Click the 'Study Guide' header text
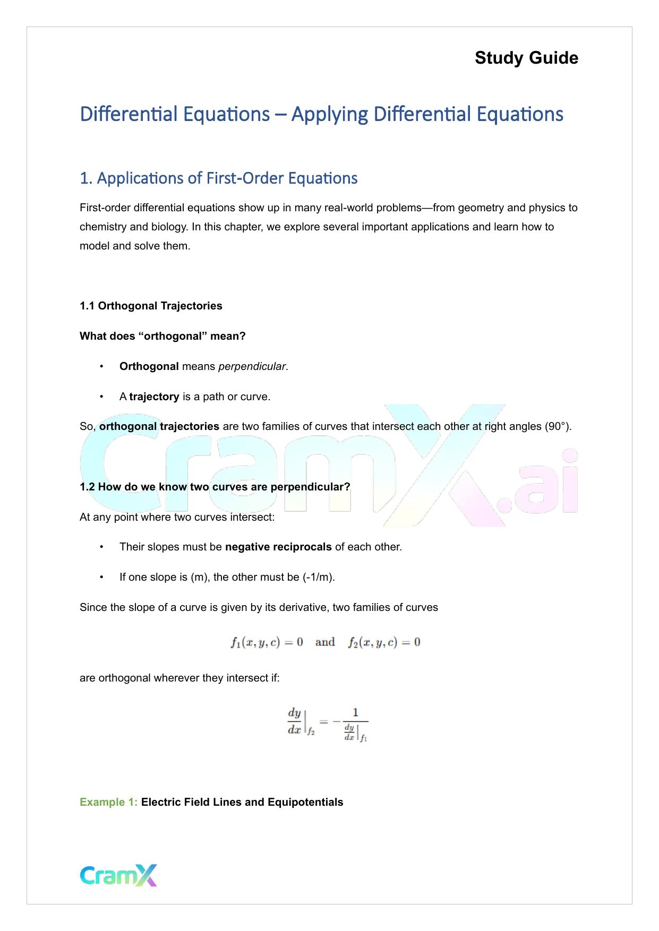coord(526,58)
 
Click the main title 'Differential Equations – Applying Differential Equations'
coord(321,115)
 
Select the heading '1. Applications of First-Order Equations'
coord(218,178)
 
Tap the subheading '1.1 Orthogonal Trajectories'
coord(151,306)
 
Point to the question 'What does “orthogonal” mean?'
coord(162,336)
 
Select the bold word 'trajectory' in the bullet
coord(154,396)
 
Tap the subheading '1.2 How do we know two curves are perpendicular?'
coord(215,487)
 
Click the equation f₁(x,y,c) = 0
coord(267,642)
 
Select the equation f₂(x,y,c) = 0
coord(384,642)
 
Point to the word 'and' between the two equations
coord(325,642)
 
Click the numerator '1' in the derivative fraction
coord(355,713)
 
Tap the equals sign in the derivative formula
coord(323,722)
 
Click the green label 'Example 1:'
coord(108,802)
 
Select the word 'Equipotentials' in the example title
coord(305,802)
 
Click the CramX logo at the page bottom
coord(118,875)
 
